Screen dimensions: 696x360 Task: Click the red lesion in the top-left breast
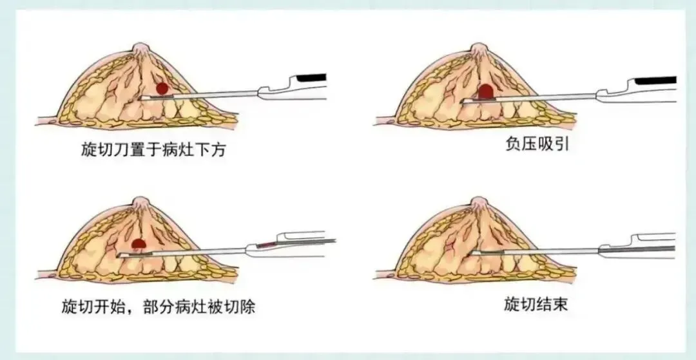coord(162,88)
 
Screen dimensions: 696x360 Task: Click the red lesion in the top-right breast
coord(486,91)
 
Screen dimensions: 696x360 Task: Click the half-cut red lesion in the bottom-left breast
coord(137,244)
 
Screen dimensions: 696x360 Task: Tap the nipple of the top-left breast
coord(140,49)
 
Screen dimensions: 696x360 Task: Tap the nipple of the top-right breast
coord(478,49)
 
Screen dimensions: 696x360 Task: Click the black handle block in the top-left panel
coord(311,78)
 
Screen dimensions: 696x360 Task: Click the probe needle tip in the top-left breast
coord(142,97)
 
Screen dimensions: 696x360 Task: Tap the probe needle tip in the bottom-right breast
coord(474,252)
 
